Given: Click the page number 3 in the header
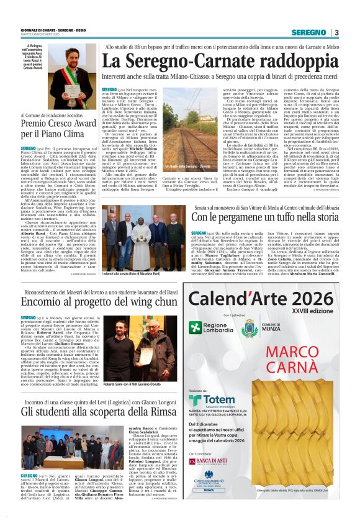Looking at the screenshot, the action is pyautogui.click(x=336, y=32).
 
